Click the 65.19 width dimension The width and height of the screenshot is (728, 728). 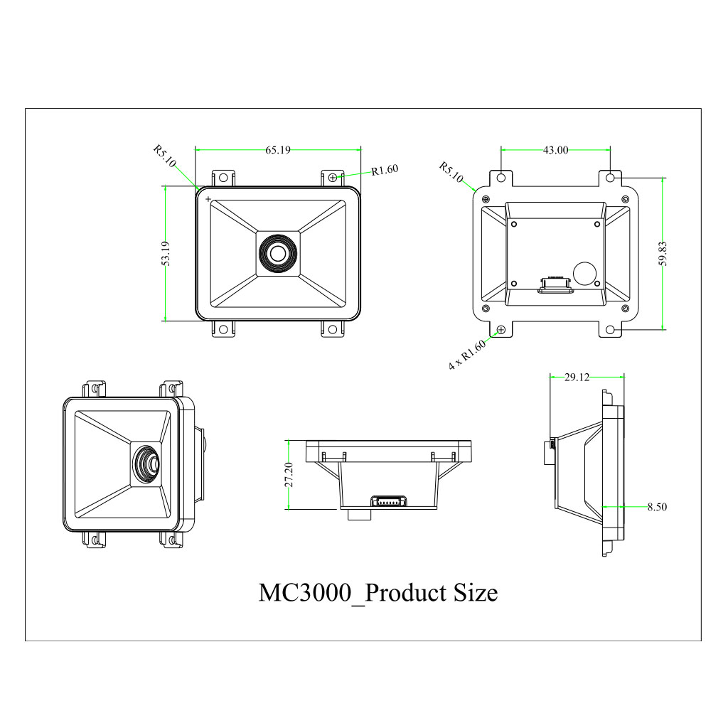point(278,150)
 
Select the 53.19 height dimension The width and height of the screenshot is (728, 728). point(166,254)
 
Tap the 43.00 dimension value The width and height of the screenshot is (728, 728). point(555,150)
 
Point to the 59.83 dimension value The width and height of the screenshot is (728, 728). point(663,254)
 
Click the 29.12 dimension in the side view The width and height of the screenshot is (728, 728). point(577,378)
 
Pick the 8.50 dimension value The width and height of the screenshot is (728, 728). point(657,507)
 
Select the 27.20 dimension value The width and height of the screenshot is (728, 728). point(289,474)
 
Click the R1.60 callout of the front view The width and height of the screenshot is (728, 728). point(385,170)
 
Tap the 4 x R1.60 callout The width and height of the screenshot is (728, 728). point(466,355)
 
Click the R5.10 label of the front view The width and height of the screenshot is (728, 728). point(165,156)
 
